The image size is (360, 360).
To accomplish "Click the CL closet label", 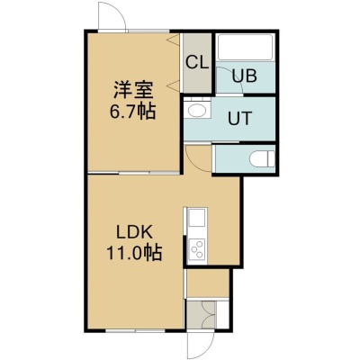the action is (196, 63).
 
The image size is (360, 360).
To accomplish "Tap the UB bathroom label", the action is (245, 76).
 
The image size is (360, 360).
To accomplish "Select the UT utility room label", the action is (239, 118).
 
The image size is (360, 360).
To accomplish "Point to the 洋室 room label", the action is (133, 90).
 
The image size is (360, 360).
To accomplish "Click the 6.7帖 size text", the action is (132, 112).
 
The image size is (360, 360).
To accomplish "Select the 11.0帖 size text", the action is (134, 253).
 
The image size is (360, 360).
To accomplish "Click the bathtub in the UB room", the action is (245, 48).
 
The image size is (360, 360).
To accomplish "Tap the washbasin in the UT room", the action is (197, 110).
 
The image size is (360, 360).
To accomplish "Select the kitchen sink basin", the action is (197, 218).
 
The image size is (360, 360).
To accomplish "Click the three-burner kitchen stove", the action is (197, 248).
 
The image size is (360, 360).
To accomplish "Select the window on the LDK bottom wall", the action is (135, 330).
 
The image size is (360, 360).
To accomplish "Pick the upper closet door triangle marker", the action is (174, 39).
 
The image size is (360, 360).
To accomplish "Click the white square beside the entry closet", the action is (222, 315).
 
